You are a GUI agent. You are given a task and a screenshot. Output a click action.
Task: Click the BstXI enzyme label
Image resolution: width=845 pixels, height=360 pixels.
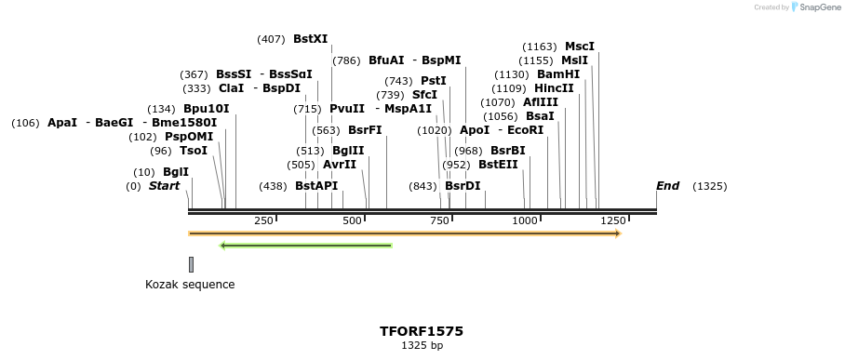(x=310, y=39)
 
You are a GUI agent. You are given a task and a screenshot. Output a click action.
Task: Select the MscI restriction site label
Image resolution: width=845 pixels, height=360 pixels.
(x=579, y=47)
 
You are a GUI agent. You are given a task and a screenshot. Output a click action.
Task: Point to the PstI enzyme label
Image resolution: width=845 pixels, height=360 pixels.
(x=434, y=81)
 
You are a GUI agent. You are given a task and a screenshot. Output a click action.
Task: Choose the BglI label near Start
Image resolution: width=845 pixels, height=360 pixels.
(x=175, y=172)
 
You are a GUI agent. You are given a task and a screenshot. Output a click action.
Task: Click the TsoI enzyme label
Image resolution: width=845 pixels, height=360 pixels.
(x=194, y=151)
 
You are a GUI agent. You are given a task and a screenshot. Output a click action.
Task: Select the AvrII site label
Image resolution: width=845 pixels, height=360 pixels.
(x=339, y=165)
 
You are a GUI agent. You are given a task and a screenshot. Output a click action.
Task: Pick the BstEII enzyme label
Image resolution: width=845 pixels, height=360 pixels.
(x=498, y=165)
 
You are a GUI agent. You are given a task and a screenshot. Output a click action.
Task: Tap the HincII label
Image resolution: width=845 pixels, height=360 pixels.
(x=554, y=88)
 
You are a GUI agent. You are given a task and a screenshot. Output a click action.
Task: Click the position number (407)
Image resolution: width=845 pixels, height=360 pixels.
(x=271, y=39)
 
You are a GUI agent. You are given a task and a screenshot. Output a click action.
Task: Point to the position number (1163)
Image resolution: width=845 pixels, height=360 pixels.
(x=540, y=47)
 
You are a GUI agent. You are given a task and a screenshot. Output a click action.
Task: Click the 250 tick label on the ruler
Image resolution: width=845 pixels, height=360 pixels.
(x=263, y=220)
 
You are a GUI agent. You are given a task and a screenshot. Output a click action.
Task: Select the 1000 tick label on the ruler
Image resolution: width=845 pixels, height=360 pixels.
(x=525, y=220)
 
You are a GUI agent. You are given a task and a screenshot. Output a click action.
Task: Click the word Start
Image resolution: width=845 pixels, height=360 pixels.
(x=164, y=186)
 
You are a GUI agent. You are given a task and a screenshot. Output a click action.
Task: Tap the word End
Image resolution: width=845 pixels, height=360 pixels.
(x=667, y=186)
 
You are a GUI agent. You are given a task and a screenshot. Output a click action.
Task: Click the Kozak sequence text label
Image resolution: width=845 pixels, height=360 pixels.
(x=190, y=285)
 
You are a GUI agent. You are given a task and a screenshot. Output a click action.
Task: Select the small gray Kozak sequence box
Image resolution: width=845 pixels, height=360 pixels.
(x=191, y=264)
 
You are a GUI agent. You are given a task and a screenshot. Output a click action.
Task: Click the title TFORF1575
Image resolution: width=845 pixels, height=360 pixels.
(x=422, y=331)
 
